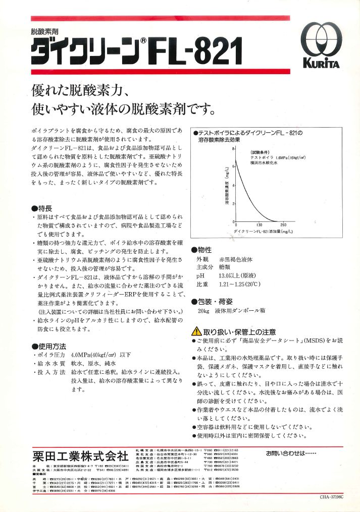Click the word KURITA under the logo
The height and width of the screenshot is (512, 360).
[322, 64]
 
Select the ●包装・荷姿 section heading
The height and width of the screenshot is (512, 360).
[212, 302]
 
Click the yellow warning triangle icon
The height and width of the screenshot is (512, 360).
[196, 332]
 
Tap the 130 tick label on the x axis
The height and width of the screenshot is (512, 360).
[259, 225]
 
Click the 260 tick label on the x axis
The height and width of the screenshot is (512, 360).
[283, 225]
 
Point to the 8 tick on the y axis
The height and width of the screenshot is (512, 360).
[233, 149]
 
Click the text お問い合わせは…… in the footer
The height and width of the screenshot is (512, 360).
[290, 453]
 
